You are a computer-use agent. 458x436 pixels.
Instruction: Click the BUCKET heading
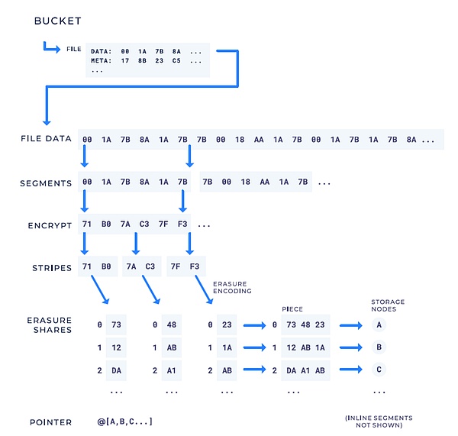point(57,21)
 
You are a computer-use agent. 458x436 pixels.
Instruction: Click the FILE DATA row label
point(47,139)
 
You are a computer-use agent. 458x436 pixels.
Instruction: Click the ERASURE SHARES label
point(50,325)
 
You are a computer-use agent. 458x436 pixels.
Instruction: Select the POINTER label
point(51,421)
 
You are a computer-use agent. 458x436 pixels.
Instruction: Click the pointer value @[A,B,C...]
point(124,421)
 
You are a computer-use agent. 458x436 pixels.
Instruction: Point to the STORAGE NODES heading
point(387,305)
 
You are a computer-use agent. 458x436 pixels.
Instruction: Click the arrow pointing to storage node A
point(352,324)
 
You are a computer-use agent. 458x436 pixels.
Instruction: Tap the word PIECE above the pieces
point(292,309)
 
